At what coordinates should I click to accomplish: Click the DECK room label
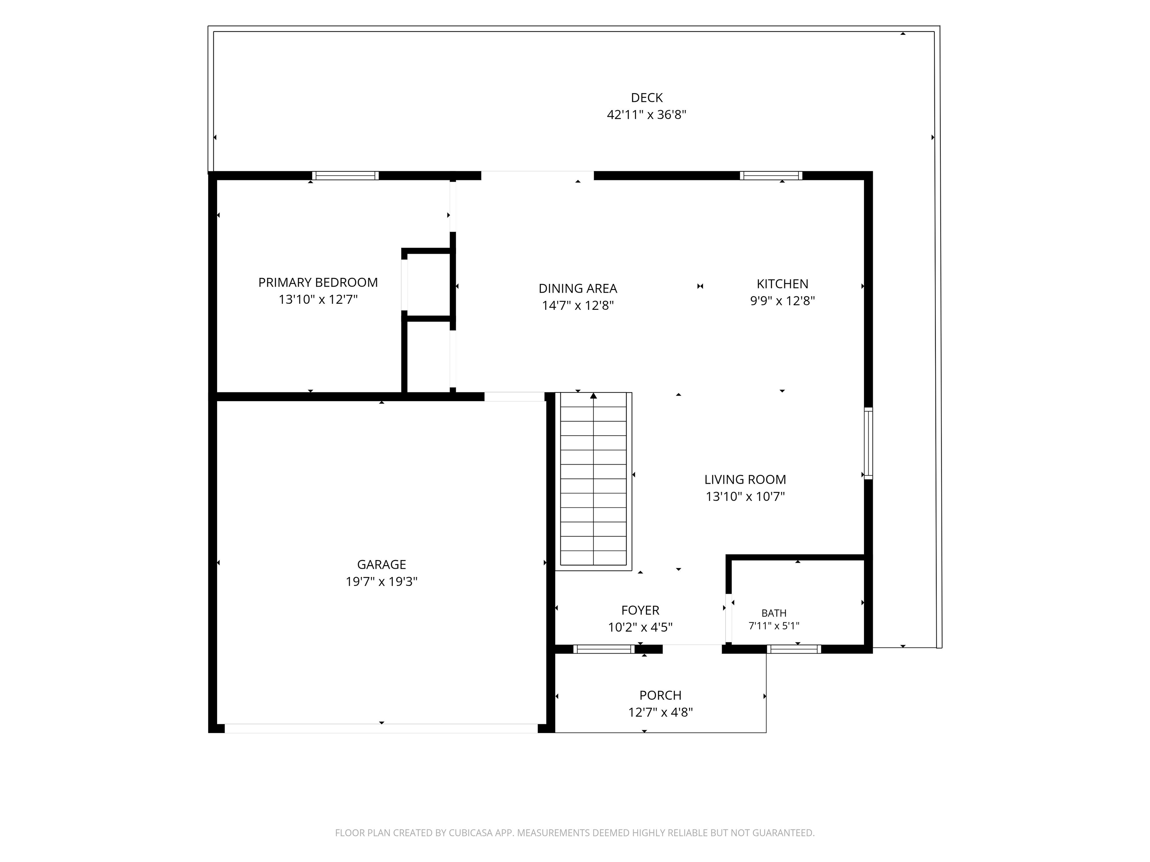[x=647, y=98]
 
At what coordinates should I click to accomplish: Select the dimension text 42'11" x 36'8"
[x=647, y=115]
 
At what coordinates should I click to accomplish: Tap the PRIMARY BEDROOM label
[x=318, y=283]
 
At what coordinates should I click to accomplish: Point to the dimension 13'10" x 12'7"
[x=318, y=300]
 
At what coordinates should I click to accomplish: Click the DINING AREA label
[x=578, y=288]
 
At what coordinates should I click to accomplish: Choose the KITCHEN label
[x=782, y=284]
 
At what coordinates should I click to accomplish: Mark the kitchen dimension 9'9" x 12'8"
[x=782, y=301]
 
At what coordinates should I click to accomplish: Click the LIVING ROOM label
[x=745, y=480]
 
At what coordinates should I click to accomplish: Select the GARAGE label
[x=381, y=564]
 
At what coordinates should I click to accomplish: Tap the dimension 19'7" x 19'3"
[x=381, y=581]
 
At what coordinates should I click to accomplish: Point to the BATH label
[x=774, y=613]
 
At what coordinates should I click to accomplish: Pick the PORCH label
[x=660, y=695]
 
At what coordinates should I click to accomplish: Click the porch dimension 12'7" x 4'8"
[x=660, y=712]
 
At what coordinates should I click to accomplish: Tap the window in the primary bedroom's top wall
[x=345, y=175]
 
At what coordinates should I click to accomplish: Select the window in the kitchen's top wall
[x=771, y=175]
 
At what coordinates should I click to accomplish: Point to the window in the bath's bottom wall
[x=794, y=649]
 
